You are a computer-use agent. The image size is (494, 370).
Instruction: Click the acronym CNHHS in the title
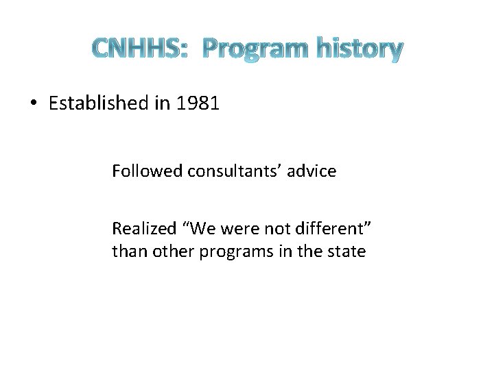click(x=135, y=49)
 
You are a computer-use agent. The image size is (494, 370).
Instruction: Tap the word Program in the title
click(x=256, y=49)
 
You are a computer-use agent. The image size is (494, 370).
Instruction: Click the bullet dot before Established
click(x=34, y=104)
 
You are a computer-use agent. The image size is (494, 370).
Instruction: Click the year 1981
click(x=198, y=103)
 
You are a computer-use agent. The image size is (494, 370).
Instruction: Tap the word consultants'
click(x=227, y=171)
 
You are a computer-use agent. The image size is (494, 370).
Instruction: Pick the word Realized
click(x=140, y=229)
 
